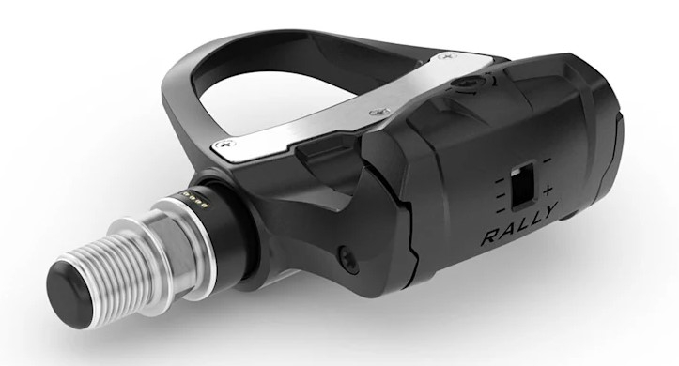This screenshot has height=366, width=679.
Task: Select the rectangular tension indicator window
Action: point(519,183)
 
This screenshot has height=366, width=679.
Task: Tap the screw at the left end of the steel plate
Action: point(224,144)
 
